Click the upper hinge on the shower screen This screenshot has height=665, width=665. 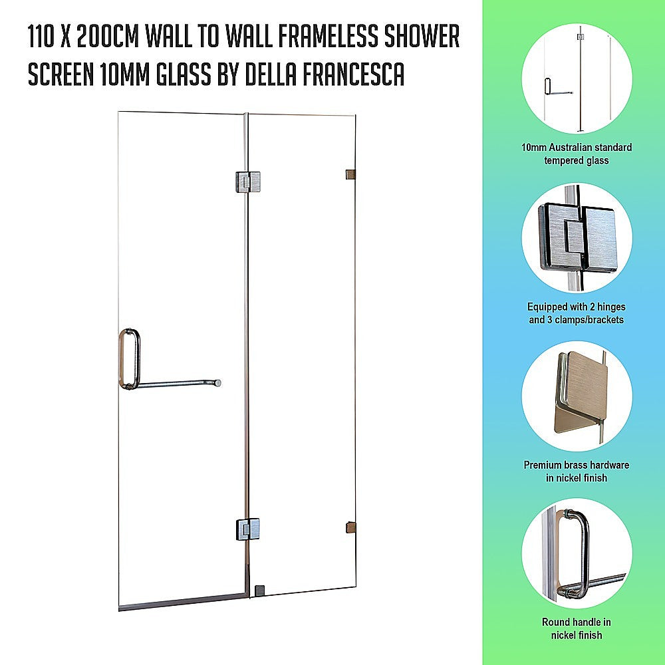coord(247,181)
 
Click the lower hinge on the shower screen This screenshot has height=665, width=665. coord(247,529)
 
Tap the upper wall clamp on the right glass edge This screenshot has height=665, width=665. coord(350,175)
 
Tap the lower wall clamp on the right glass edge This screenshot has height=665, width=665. coord(350,528)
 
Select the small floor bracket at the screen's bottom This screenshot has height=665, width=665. coord(260,590)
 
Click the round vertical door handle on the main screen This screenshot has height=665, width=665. coord(129,358)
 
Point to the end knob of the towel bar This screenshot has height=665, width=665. coord(217,383)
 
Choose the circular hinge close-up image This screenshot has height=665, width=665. coord(576,237)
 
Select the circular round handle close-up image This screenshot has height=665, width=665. coord(576,554)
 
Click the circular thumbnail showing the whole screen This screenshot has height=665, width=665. coord(576,78)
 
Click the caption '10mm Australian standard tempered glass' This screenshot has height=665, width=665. coord(577,154)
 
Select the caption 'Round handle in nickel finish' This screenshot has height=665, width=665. coord(577,628)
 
